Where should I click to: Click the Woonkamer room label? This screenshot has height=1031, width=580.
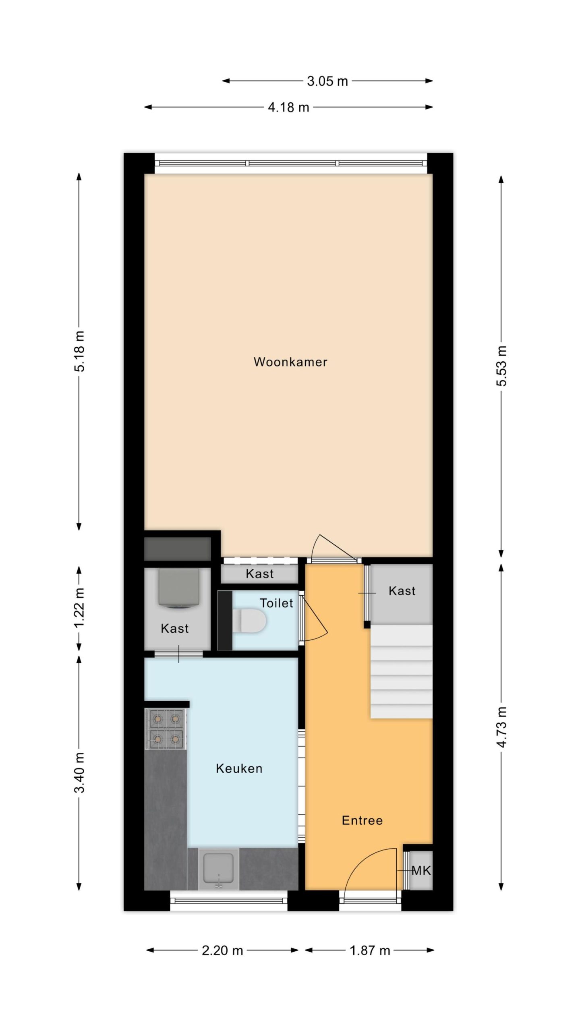(290, 362)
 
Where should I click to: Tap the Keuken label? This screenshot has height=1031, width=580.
(239, 768)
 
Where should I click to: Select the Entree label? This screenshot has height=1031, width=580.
(362, 820)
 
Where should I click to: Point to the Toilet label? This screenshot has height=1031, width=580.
(276, 603)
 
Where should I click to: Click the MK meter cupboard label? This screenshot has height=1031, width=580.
(421, 871)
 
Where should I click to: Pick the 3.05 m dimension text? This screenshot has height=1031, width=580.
(327, 81)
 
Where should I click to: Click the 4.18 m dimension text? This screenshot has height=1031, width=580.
(288, 108)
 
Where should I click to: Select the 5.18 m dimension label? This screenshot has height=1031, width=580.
(79, 351)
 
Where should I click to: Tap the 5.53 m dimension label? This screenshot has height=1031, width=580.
(501, 366)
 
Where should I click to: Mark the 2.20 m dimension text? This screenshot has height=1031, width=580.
(222, 951)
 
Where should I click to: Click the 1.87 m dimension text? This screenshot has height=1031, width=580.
(370, 951)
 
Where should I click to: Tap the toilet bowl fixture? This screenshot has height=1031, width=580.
(249, 620)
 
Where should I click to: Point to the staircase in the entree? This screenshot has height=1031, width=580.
(401, 671)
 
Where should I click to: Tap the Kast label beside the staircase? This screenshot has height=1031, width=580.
(402, 591)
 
